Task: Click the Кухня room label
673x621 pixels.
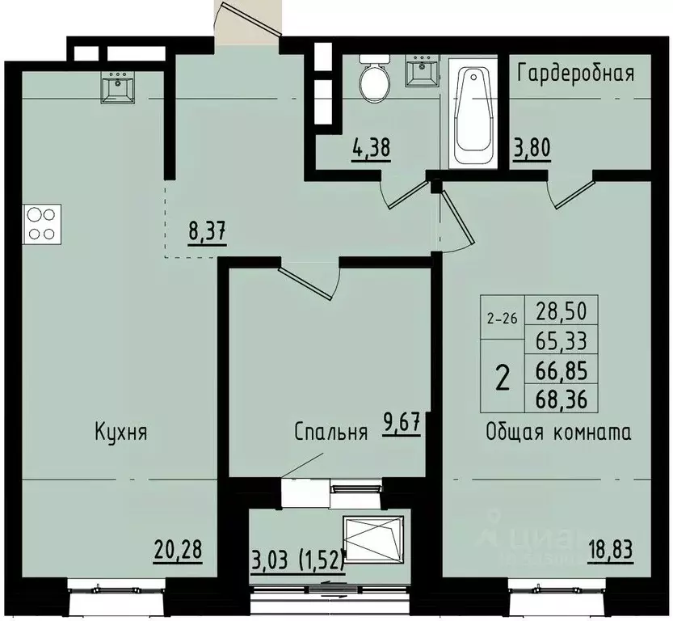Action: point(120,431)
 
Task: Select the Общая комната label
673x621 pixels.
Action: point(558,431)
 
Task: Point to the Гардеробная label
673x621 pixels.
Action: point(575,73)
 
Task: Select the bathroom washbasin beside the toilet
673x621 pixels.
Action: point(421,73)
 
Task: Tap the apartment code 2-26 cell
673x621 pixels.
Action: point(501,319)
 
